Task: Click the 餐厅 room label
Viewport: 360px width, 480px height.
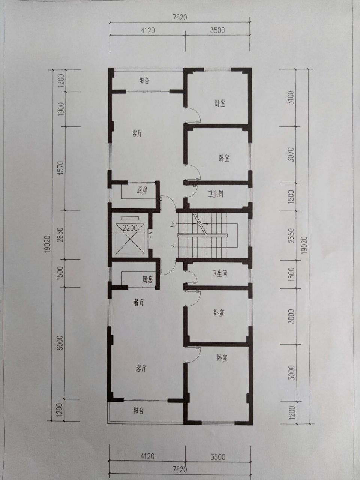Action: tap(139, 302)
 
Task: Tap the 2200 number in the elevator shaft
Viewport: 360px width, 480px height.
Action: tap(130, 228)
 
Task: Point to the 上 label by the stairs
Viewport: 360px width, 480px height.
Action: tap(173, 224)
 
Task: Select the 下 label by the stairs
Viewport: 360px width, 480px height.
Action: tap(173, 247)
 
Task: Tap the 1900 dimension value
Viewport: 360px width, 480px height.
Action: tap(61, 109)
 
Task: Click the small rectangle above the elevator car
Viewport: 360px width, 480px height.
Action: tap(130, 218)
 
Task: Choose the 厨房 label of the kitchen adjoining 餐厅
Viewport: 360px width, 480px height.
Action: tap(147, 279)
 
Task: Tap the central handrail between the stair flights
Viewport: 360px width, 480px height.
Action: tap(202, 235)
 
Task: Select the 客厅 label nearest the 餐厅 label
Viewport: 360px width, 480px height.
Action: tap(141, 369)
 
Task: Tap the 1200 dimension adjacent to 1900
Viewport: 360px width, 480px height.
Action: tap(61, 80)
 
